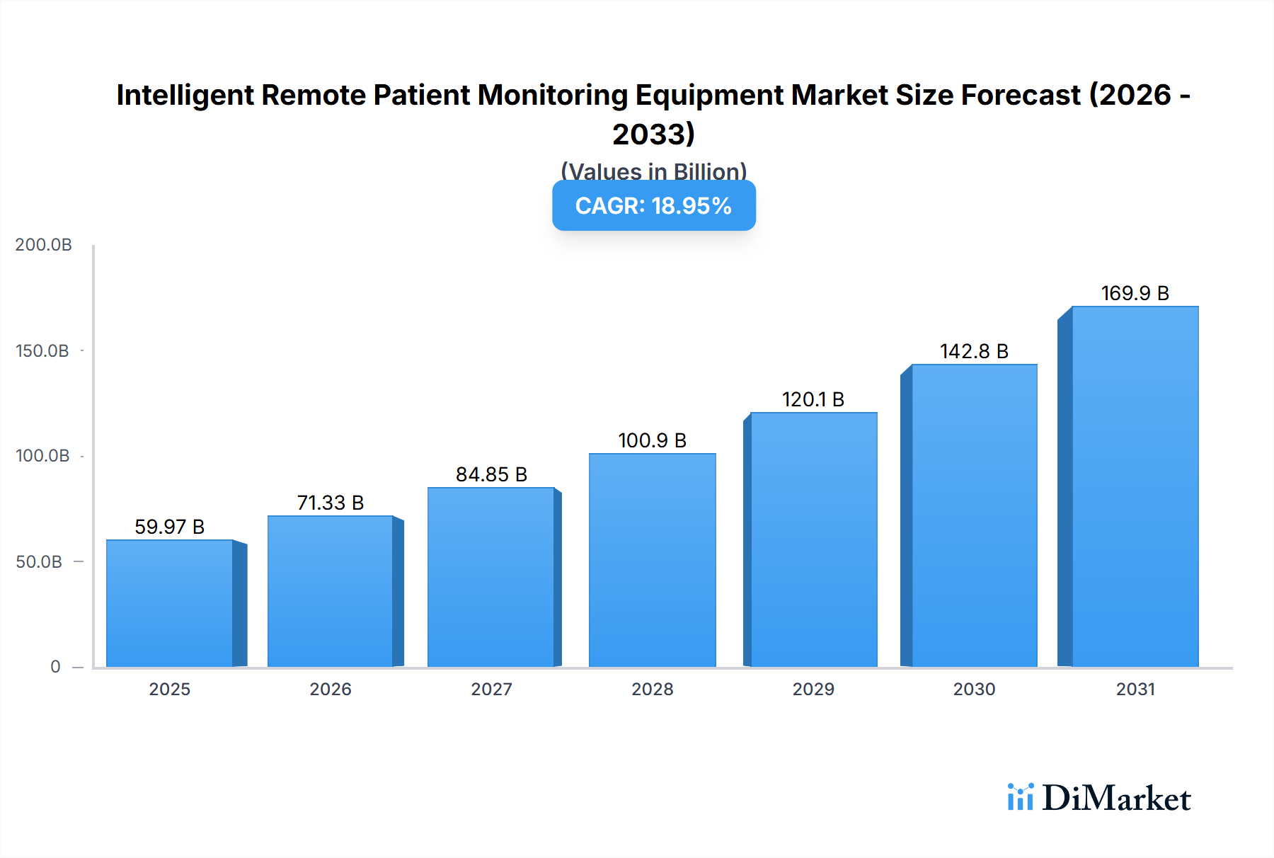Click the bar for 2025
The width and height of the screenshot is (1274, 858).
[170, 603]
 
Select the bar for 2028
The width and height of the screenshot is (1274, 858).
[652, 560]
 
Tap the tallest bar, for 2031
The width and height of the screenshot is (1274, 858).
[1135, 486]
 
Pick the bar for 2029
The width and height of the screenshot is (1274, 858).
[813, 539]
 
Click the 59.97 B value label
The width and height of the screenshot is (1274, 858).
[170, 527]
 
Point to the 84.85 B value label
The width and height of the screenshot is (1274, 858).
[491, 474]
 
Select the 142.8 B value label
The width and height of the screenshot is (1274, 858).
[974, 351]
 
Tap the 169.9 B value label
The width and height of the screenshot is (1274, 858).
[1135, 293]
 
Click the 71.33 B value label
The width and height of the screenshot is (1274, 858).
[331, 503]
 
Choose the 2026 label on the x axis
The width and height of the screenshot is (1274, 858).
[331, 689]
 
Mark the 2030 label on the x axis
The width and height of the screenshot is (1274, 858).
[974, 689]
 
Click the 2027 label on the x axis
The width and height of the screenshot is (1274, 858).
[491, 689]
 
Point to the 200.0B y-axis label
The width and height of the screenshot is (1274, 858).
[44, 245]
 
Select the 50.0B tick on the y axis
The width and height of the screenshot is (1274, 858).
[40, 562]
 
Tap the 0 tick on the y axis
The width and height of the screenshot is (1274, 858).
[55, 667]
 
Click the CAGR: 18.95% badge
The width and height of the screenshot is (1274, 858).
[653, 206]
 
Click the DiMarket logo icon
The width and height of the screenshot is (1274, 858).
[1020, 797]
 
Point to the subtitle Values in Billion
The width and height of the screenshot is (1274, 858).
[653, 171]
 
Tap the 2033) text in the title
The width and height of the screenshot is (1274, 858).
[653, 135]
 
